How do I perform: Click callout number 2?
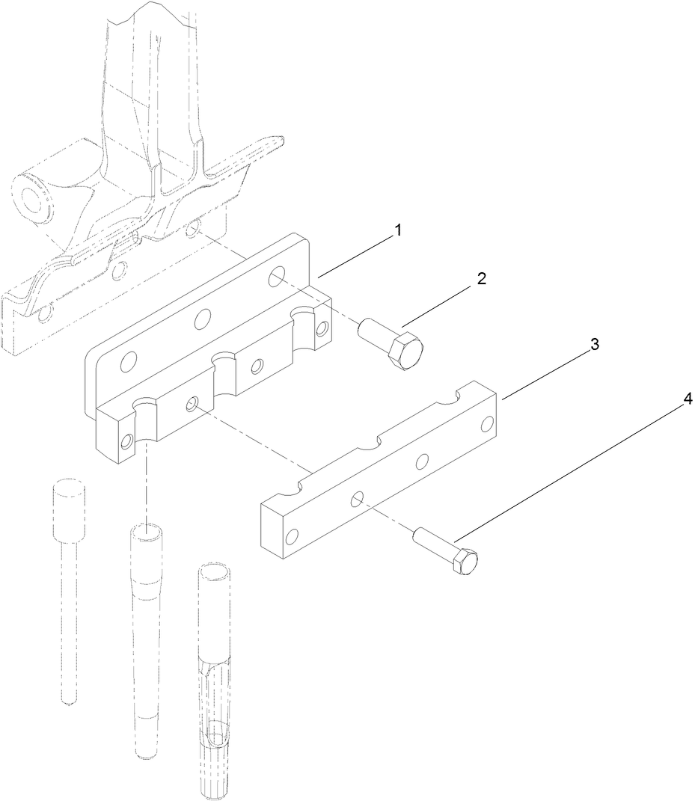pyautogui.click(x=481, y=279)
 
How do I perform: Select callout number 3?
pyautogui.click(x=594, y=345)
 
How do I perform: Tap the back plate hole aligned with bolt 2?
pyautogui.click(x=277, y=276)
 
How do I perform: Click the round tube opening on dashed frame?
pyautogui.click(x=34, y=197)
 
